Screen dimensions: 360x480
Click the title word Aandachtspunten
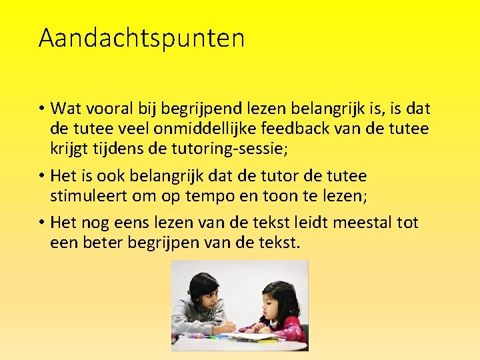(x=141, y=38)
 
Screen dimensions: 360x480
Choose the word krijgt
(x=70, y=148)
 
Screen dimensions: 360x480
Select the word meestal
(x=362, y=222)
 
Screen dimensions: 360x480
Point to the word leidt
(x=309, y=222)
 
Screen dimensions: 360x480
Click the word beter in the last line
(x=103, y=242)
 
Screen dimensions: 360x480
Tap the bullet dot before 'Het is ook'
(x=41, y=177)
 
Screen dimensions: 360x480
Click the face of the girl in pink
(x=276, y=303)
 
